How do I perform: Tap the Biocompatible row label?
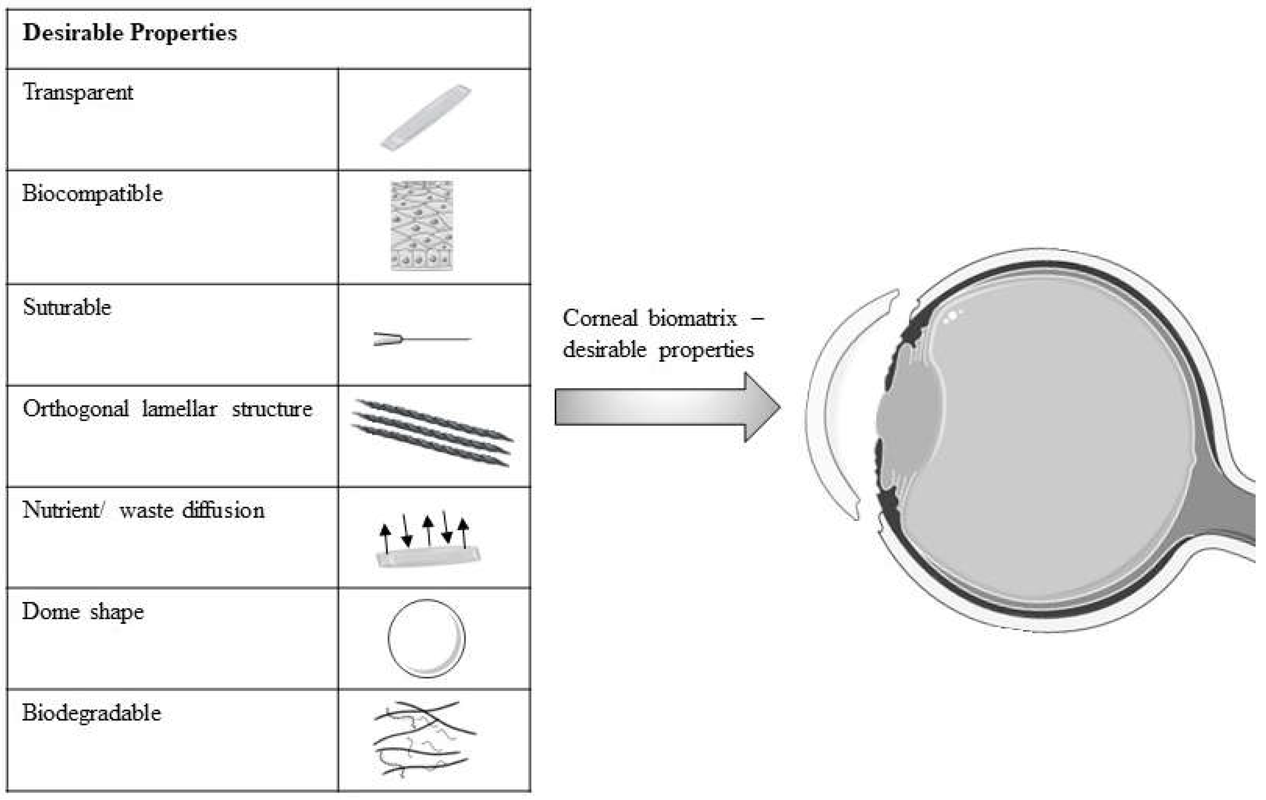[92, 194]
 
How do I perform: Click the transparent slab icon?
[426, 118]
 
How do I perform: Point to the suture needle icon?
[420, 339]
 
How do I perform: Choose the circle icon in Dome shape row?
[426, 638]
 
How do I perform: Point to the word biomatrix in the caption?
[692, 318]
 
